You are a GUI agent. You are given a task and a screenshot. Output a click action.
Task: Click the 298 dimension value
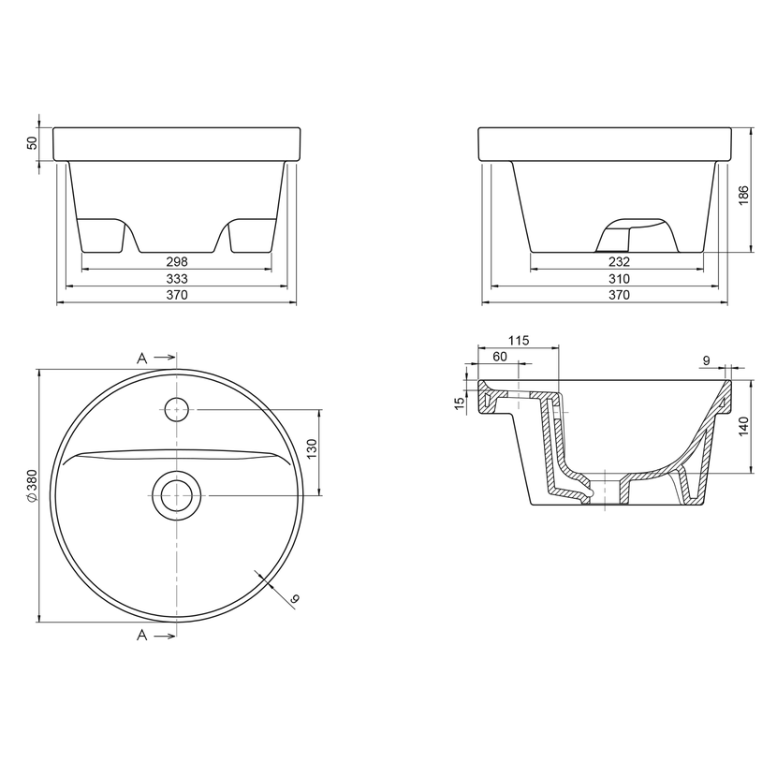[x=177, y=261]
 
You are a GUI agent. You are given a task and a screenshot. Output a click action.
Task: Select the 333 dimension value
[x=177, y=278]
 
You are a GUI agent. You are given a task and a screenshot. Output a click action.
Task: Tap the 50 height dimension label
[x=32, y=142]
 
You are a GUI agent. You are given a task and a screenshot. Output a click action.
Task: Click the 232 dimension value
[x=619, y=261]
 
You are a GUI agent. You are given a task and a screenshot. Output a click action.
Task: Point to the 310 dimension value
[x=619, y=278]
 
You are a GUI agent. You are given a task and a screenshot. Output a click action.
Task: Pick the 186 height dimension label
[x=743, y=196]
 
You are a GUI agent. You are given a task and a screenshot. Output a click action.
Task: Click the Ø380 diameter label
[x=32, y=486]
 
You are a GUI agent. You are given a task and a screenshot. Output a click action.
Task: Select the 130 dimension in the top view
[x=312, y=449]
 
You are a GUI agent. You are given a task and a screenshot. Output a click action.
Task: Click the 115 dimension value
[x=519, y=341]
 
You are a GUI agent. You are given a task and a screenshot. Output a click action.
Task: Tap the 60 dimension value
[x=500, y=357]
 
